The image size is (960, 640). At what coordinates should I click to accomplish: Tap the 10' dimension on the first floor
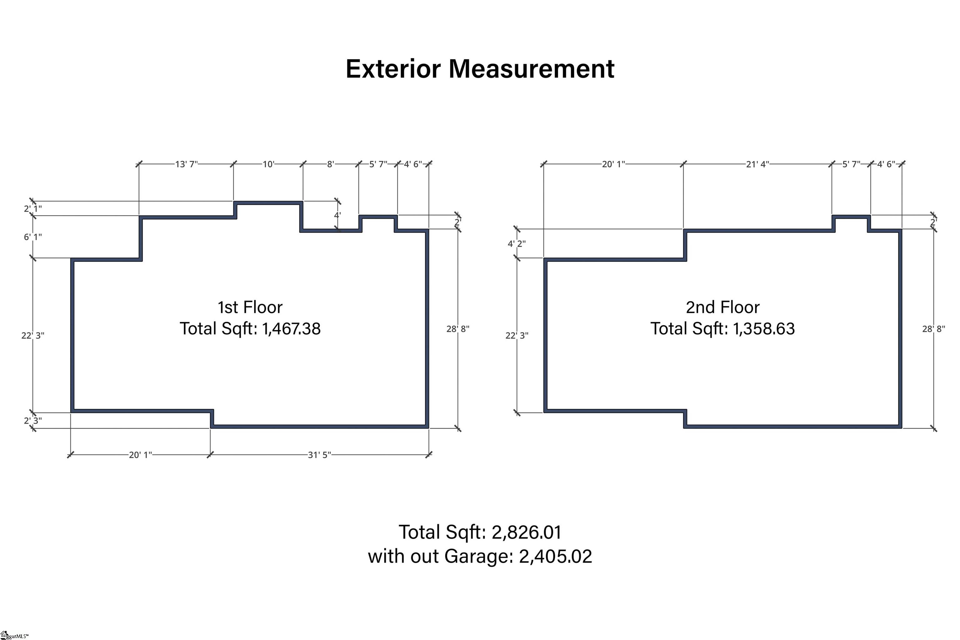tap(268, 164)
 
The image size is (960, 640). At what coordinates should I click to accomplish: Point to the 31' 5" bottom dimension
tap(319, 455)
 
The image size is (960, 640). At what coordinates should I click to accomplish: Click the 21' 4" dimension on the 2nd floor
tap(757, 164)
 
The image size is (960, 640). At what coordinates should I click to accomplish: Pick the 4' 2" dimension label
tap(517, 244)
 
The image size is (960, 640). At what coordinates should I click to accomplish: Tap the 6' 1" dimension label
tap(32, 237)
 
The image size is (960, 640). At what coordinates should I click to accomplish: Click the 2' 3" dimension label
tap(32, 421)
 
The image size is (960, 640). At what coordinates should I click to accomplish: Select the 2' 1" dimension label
tap(32, 209)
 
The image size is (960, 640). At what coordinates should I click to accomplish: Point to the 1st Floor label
tap(250, 307)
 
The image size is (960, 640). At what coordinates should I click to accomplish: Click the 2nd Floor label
tap(722, 307)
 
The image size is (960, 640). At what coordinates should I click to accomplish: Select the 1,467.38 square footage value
tap(291, 329)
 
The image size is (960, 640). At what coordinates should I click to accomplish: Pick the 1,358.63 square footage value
tap(764, 329)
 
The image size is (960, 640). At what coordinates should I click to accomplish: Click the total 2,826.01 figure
tap(527, 532)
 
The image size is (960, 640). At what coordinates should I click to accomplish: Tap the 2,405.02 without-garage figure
tap(555, 556)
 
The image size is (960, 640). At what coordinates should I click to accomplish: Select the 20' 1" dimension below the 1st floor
tap(140, 455)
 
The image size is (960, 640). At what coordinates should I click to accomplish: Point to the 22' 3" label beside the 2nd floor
tap(517, 335)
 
